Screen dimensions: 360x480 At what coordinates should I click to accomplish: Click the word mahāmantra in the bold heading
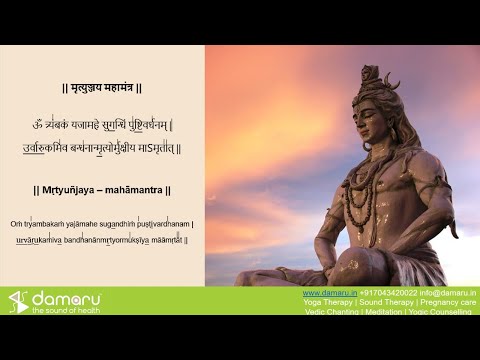tap(134, 189)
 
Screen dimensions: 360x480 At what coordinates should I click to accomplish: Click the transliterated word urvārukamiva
tap(37, 240)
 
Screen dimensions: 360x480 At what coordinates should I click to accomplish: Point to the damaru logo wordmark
tap(66, 297)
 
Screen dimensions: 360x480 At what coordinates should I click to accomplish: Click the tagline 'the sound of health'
tap(66, 310)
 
